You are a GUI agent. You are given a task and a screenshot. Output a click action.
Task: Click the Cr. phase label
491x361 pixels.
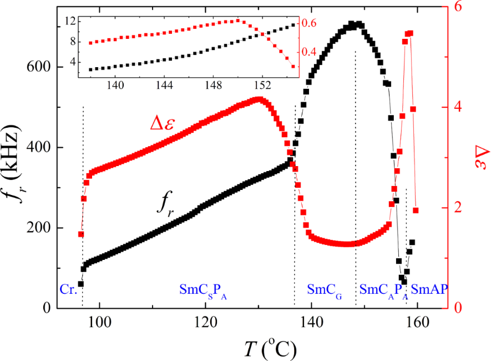click(x=68, y=289)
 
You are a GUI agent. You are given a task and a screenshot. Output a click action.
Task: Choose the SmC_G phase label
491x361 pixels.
click(x=323, y=289)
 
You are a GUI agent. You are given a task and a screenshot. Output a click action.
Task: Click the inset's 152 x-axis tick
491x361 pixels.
click(x=262, y=86)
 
